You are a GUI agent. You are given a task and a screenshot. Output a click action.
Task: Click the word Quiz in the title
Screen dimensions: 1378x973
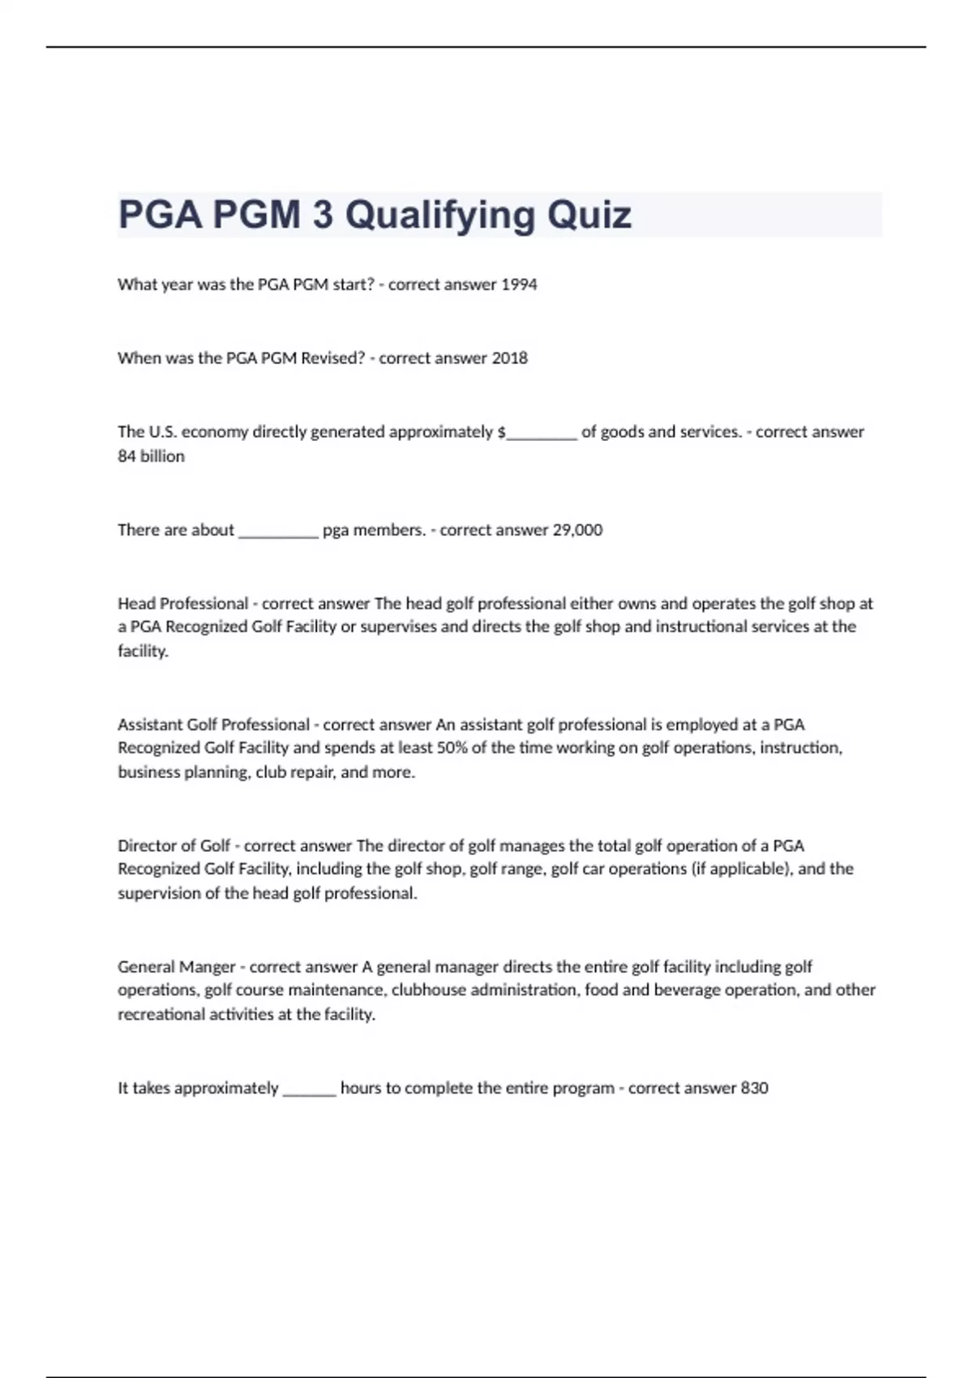(x=589, y=215)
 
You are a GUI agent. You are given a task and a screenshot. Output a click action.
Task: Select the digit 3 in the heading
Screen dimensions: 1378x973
(x=323, y=215)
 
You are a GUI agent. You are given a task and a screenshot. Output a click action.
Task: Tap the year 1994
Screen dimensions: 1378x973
(x=519, y=285)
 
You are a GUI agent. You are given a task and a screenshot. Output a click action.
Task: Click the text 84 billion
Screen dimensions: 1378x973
(x=151, y=456)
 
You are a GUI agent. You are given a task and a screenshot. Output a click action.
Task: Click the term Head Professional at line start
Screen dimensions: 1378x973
(x=182, y=603)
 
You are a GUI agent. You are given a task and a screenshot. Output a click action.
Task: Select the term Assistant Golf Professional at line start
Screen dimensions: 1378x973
(x=214, y=725)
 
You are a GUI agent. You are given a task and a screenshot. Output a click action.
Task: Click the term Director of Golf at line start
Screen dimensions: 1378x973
(x=174, y=845)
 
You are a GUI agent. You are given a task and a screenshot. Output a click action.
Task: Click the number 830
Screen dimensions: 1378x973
(x=754, y=1088)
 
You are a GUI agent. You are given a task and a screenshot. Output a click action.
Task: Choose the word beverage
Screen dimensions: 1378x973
(x=688, y=990)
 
